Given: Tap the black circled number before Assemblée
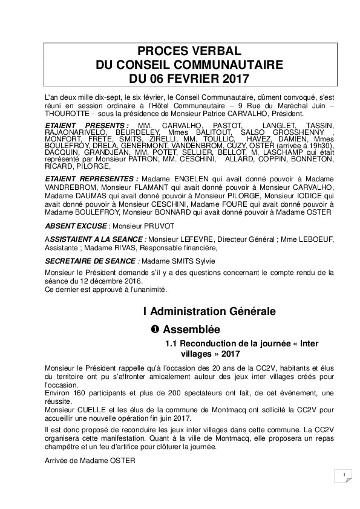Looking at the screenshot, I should click(154, 329).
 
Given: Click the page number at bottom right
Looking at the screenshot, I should click(343, 475).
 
